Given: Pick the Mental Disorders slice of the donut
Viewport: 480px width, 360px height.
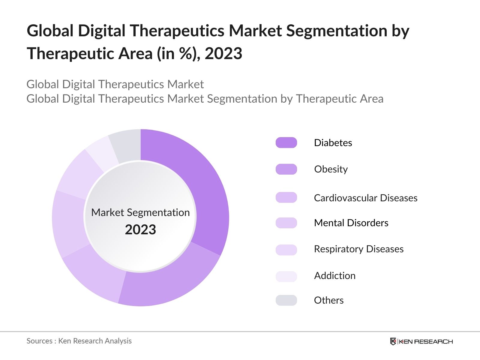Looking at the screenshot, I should (x=68, y=223).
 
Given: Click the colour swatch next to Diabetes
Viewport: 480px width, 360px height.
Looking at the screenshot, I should (x=286, y=143).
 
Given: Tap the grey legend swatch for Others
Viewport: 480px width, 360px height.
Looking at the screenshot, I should (x=286, y=300).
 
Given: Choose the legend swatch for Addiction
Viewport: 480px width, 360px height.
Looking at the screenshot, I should (x=286, y=276).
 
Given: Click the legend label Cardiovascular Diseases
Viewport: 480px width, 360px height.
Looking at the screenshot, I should (x=365, y=198).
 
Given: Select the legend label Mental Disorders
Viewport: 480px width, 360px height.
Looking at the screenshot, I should (x=351, y=223).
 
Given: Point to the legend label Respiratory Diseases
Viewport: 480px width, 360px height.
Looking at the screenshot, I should (x=358, y=249).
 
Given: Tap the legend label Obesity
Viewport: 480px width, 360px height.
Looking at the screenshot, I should (x=331, y=169).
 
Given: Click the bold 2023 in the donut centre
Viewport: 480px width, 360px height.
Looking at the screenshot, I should (x=140, y=229).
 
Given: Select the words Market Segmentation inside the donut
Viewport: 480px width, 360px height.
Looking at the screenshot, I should (x=140, y=212).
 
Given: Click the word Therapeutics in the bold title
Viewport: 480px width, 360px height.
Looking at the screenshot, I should (x=177, y=31).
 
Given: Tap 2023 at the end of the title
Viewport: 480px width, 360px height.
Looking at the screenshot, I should (x=223, y=53).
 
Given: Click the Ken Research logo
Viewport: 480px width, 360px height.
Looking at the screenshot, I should (x=421, y=341).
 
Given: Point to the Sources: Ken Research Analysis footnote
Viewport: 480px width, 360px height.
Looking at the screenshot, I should (x=79, y=341).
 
